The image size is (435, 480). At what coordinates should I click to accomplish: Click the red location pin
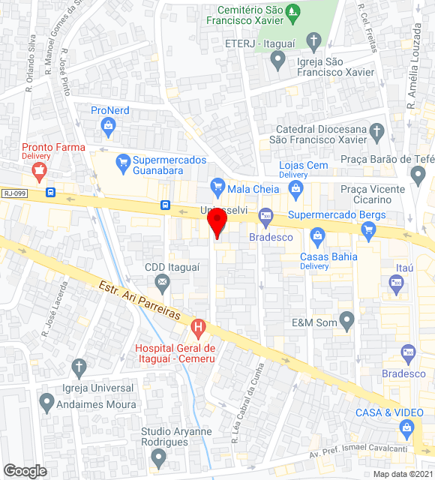217,223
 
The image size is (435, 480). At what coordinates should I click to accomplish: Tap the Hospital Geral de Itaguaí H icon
198,327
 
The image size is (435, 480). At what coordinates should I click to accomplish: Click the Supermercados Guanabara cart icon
121,160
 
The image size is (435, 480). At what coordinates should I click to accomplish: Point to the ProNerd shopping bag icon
109,125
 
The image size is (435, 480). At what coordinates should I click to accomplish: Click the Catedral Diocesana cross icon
377,134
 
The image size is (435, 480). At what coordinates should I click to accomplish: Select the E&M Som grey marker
346,322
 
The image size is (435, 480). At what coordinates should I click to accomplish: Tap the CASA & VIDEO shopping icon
406,428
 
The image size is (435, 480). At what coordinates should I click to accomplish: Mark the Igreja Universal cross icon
79,367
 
